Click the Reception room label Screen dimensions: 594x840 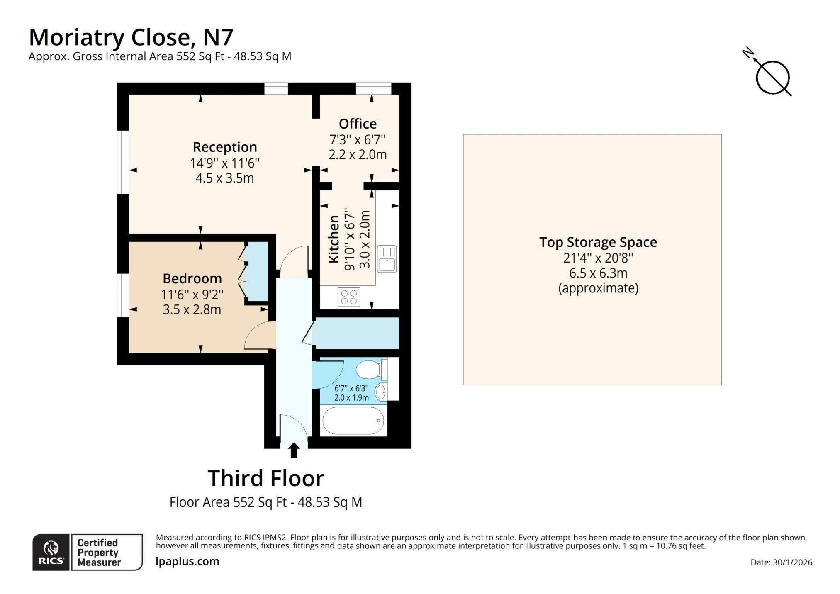pyautogui.click(x=224, y=147)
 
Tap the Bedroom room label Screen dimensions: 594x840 pyautogui.click(x=192, y=278)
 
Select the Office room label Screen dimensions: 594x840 pyautogui.click(x=358, y=124)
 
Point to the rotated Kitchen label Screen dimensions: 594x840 pyautogui.click(x=334, y=239)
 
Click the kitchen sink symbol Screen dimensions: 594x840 pyautogui.click(x=387, y=259)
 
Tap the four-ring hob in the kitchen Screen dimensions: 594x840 pyautogui.click(x=348, y=297)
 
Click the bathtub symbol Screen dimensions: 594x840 pyautogui.click(x=353, y=421)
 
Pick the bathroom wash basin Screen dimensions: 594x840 pyautogui.click(x=381, y=392)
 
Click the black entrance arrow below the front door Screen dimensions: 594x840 pyautogui.click(x=294, y=450)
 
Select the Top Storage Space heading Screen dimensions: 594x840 pyautogui.click(x=598, y=242)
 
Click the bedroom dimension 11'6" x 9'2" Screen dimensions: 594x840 pyautogui.click(x=192, y=295)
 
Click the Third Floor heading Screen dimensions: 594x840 pyautogui.click(x=265, y=478)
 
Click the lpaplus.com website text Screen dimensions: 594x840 pyautogui.click(x=187, y=561)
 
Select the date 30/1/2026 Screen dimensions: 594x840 pyautogui.click(x=792, y=562)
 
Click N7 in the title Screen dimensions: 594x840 pyautogui.click(x=218, y=37)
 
